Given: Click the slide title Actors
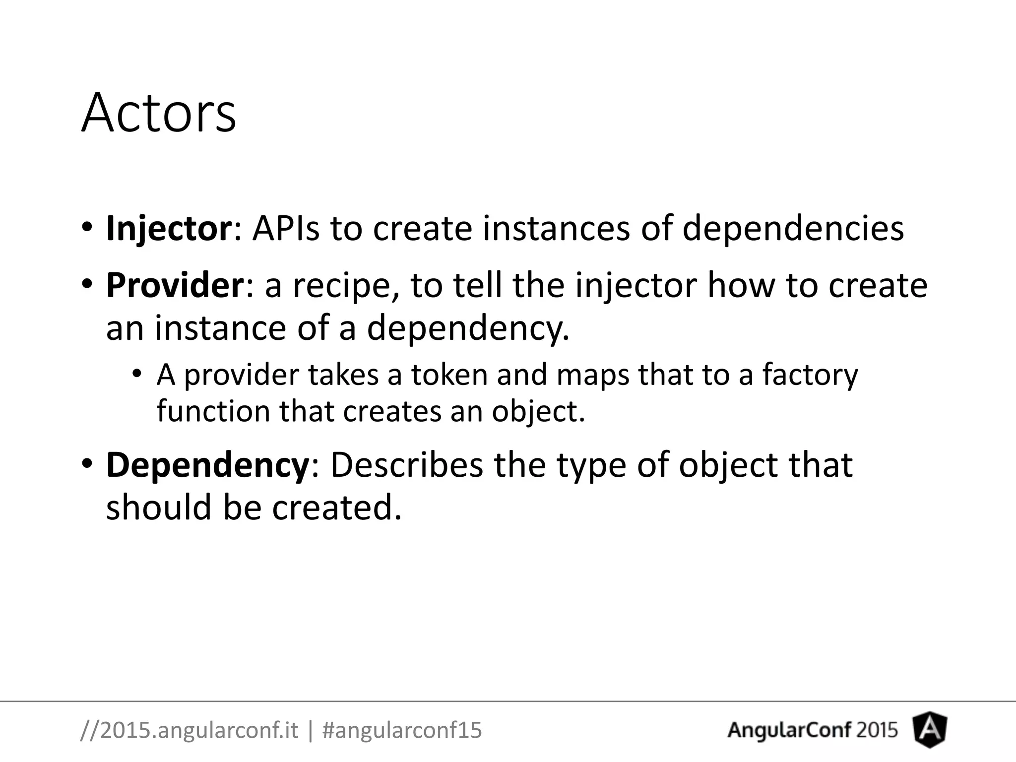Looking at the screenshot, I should (159, 113).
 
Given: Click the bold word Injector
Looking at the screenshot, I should (169, 228).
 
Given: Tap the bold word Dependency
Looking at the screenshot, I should (207, 465).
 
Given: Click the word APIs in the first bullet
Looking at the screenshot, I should (286, 228).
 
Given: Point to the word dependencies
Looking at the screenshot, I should (793, 229).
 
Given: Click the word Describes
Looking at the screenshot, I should (406, 465).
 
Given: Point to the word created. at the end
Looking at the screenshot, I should (336, 508).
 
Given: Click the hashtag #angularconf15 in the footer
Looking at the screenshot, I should (402, 730).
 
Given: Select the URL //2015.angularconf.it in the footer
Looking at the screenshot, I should (189, 730).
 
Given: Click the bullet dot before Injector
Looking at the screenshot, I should (87, 228).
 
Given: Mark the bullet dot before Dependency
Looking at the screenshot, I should (87, 464).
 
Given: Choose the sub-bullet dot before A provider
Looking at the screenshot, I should (137, 374).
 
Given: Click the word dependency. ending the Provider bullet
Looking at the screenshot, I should (467, 329).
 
